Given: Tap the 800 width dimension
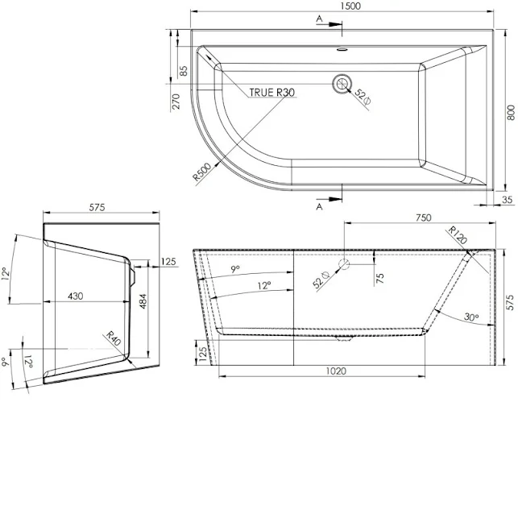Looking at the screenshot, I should [510, 114].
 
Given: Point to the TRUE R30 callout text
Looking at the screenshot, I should [271, 93].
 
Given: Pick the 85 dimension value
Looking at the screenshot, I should [184, 71].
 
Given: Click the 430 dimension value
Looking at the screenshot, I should [75, 296].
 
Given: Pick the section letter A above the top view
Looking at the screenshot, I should [320, 17].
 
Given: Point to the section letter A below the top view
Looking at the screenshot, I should [320, 207].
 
